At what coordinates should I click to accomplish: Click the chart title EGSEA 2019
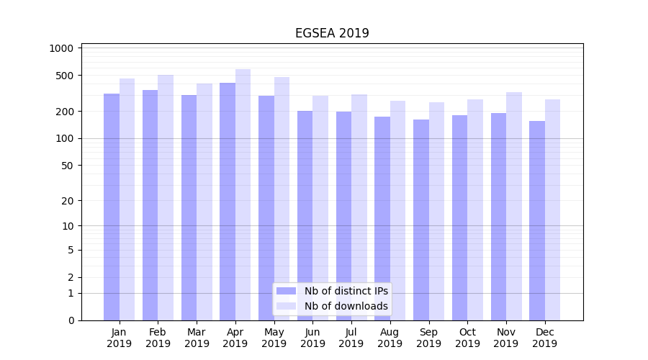point(332,33)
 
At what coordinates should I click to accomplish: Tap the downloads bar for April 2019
point(243,194)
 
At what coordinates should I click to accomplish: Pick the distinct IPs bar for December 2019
point(537,220)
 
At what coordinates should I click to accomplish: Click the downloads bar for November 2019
point(514,206)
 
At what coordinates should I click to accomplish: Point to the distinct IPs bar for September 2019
point(421,220)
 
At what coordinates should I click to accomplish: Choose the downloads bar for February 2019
point(166,197)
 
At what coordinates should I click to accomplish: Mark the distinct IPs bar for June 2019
point(305,215)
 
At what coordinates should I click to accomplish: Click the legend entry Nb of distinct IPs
point(346,291)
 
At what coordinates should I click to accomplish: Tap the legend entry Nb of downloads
point(346,306)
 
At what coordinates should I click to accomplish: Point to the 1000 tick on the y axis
point(62,48)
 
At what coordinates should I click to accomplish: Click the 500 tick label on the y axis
point(65,76)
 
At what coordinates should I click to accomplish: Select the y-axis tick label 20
point(67,201)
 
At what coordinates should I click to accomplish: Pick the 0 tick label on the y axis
point(71,320)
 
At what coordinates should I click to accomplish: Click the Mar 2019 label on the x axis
point(197,338)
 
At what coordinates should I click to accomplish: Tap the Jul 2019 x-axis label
point(351,338)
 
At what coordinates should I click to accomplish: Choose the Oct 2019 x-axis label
point(467,338)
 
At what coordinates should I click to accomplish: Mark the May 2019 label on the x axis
point(274,338)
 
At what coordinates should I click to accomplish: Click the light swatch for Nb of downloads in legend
point(287,306)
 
